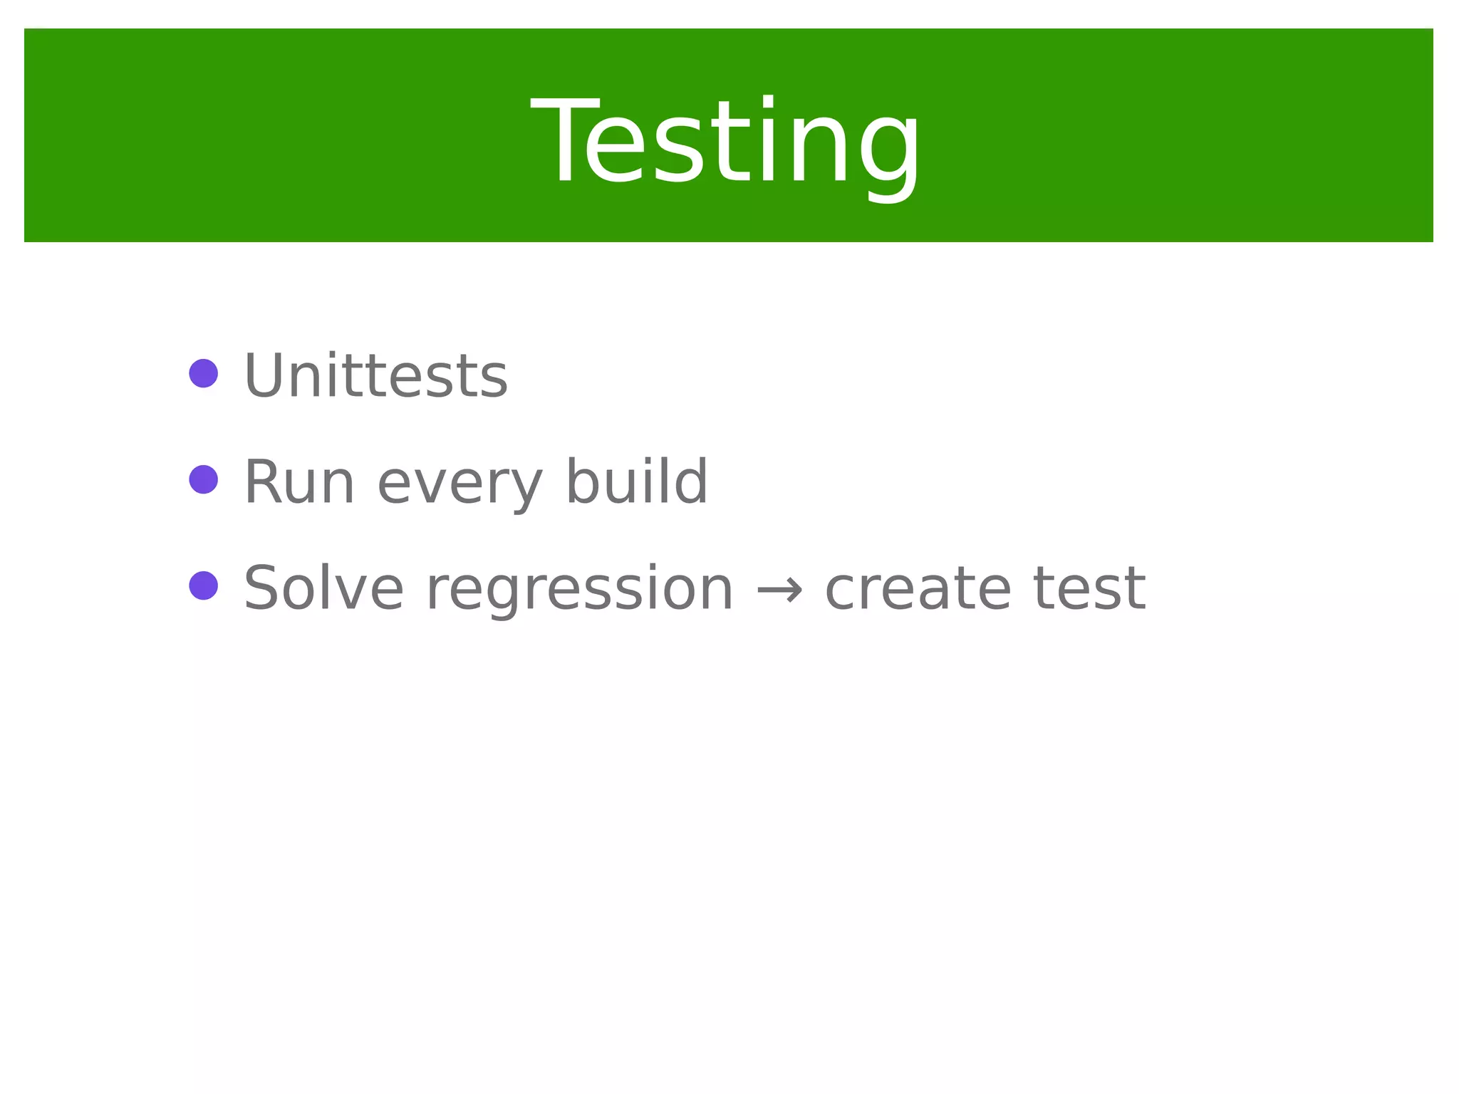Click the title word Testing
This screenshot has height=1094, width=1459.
pyautogui.click(x=725, y=142)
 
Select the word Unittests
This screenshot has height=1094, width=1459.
pyautogui.click(x=375, y=375)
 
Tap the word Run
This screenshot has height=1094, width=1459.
pyautogui.click(x=299, y=482)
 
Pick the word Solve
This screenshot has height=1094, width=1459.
pyautogui.click(x=323, y=588)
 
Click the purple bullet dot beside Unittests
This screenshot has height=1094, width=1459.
pyautogui.click(x=204, y=373)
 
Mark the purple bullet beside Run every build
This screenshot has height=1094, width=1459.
pyautogui.click(x=204, y=479)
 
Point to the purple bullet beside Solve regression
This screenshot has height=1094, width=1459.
pyautogui.click(x=204, y=585)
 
